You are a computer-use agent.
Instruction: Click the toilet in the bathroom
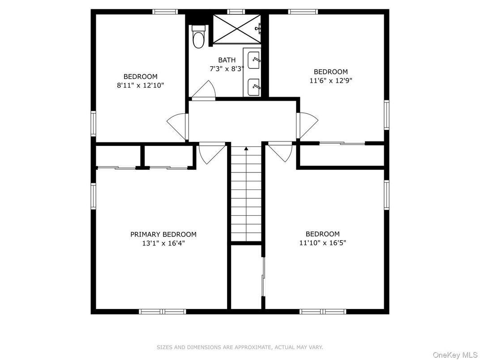pos(197,38)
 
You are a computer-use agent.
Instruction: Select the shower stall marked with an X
pos(236,29)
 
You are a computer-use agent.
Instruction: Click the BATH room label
pos(227,60)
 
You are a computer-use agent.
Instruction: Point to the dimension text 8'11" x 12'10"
pos(141,85)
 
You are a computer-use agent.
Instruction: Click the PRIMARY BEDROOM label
pos(163,234)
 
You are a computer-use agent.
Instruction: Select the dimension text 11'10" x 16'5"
pos(322,243)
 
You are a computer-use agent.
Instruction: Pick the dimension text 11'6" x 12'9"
pos(330,81)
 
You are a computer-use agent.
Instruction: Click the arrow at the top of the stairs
pos(246,148)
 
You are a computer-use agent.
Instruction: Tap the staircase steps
pos(246,197)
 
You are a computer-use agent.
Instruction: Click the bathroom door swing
pos(204,90)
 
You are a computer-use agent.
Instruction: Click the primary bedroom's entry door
pos(211,153)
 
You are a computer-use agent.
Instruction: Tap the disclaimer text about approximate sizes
pos(240,347)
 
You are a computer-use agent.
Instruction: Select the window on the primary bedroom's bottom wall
pos(162,311)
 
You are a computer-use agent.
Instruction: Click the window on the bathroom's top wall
pos(236,12)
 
